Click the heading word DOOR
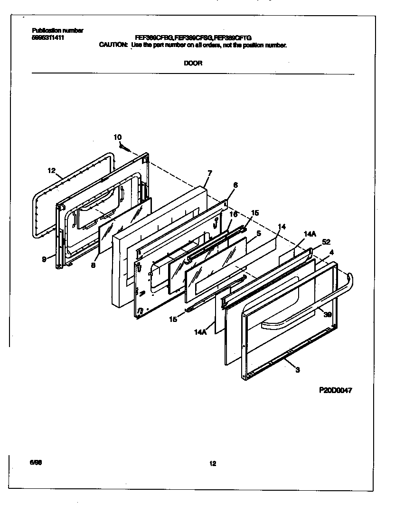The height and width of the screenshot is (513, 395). click(x=193, y=63)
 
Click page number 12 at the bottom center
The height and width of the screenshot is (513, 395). click(x=213, y=464)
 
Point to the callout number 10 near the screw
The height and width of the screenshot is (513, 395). click(x=117, y=137)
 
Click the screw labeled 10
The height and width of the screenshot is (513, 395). click(x=124, y=147)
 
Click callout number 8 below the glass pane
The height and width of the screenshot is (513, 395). click(x=93, y=266)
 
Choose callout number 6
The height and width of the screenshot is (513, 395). click(x=235, y=185)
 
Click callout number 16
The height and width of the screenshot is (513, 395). click(x=233, y=214)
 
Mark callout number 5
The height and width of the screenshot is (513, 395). click(x=258, y=233)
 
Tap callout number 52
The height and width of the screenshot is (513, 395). click(x=326, y=242)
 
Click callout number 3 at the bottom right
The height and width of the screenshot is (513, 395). click(x=297, y=370)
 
